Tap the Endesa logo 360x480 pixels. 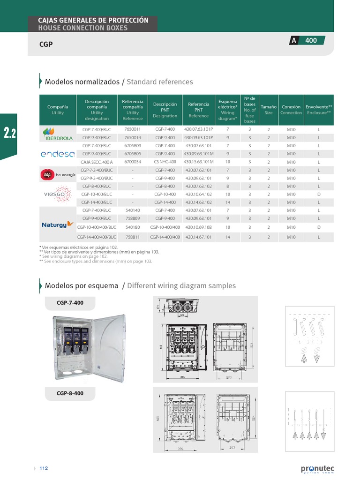[58, 154]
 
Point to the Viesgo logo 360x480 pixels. [57, 194]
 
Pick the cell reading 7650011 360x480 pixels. [133, 129]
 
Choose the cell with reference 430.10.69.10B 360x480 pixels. [199, 227]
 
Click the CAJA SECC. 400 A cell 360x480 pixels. [97, 162]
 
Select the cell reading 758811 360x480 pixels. [133, 237]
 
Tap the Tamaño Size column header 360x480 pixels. [269, 110]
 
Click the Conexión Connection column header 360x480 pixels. [291, 110]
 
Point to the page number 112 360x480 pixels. [44, 468]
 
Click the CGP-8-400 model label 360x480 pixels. [70, 393]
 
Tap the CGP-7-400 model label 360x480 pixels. [70, 303]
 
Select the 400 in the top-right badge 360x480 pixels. [311, 41]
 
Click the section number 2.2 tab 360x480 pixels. [10, 134]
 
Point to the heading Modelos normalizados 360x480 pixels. [82, 82]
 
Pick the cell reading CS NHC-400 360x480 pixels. [165, 162]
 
